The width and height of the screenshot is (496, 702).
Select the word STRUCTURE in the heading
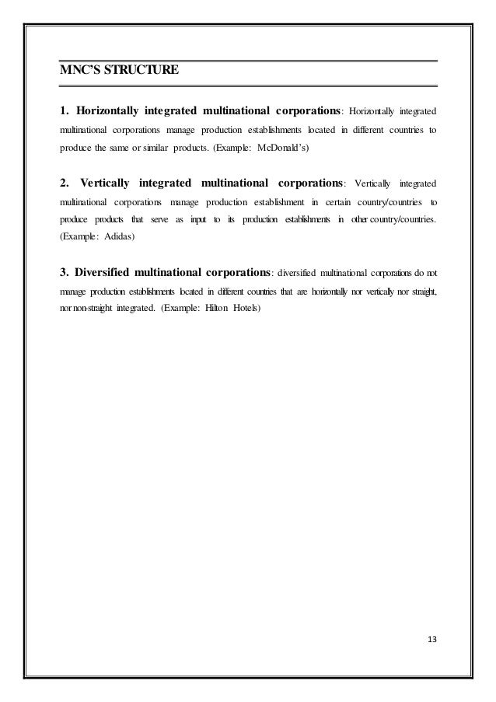[143, 72]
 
